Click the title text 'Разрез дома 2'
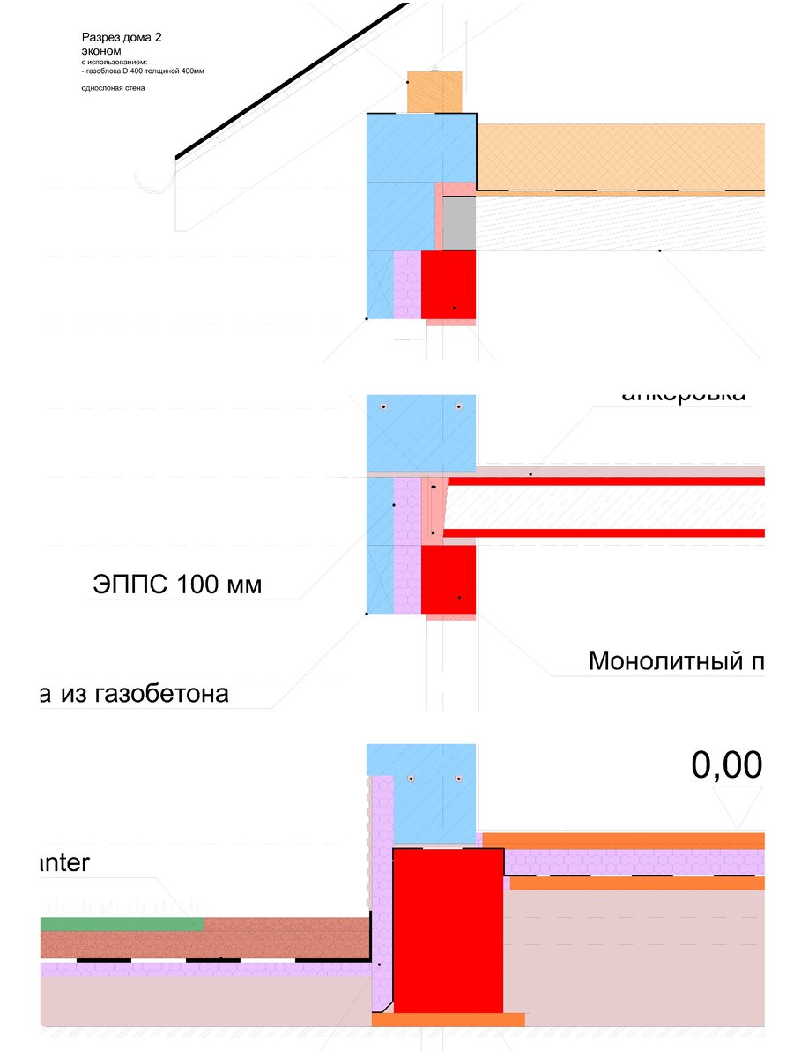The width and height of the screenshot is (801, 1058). coord(122,37)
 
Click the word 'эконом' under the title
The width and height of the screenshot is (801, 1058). coord(101,51)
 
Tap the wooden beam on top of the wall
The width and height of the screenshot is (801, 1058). coord(435,92)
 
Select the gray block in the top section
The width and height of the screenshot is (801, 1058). coord(458,223)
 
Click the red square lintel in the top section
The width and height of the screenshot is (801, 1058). coord(449,285)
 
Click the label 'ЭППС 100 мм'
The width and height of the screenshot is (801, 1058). coord(176,585)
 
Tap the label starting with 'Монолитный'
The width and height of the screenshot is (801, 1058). coord(675,660)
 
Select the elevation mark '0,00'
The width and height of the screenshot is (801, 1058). coord(726,765)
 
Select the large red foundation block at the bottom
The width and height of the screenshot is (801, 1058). coord(448,930)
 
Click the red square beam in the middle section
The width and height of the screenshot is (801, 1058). coord(449,579)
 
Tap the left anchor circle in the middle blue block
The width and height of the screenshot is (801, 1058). coord(384,406)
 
